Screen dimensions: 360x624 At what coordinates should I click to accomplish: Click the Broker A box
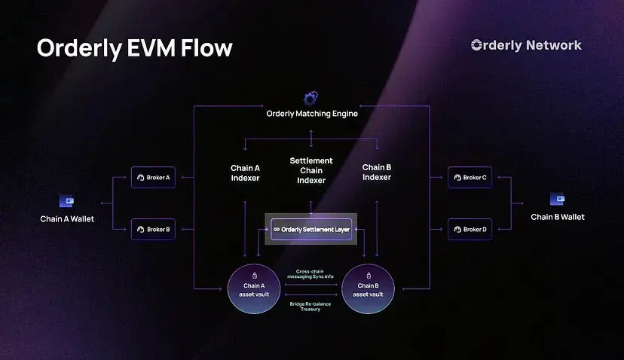(x=153, y=178)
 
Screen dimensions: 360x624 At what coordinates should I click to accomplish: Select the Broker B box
(x=153, y=229)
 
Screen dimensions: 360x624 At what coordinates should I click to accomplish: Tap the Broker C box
(x=470, y=178)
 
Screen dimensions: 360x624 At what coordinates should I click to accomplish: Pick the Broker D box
(x=470, y=229)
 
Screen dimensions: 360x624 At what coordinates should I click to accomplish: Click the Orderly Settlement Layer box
(x=311, y=228)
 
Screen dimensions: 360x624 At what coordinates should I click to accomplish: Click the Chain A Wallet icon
(x=67, y=201)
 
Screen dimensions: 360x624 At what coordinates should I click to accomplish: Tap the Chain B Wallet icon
(x=558, y=199)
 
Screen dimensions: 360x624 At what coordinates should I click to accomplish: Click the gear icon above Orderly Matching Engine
(x=311, y=99)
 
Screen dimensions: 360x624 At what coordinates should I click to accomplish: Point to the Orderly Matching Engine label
(x=312, y=114)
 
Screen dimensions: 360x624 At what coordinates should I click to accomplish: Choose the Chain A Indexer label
(x=245, y=172)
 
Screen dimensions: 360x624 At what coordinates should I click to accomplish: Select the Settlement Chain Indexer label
(x=311, y=171)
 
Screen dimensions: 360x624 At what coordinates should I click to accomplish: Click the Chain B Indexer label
(x=377, y=172)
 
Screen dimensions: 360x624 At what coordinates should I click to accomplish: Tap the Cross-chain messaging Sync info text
(x=310, y=274)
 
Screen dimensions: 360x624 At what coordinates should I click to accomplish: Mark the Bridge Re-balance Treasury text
(x=310, y=307)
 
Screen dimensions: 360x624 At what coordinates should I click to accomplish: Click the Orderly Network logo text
(x=526, y=45)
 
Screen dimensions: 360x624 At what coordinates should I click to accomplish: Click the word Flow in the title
(x=204, y=48)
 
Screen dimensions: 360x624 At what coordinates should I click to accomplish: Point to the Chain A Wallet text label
(x=67, y=219)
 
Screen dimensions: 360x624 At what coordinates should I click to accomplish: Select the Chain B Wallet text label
(x=558, y=217)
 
